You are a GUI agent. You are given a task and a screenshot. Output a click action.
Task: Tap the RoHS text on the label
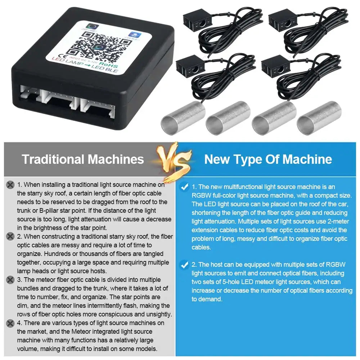click(109, 64)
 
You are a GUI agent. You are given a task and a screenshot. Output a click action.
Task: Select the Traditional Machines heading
click(83, 159)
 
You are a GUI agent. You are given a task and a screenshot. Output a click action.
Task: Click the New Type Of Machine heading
click(268, 159)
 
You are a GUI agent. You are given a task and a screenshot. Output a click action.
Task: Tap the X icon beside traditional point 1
click(10, 185)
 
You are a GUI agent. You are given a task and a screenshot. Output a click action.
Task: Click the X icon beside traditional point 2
click(10, 237)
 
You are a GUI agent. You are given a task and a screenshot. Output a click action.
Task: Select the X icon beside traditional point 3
click(10, 280)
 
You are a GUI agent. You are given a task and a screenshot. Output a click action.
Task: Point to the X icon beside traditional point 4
click(10, 323)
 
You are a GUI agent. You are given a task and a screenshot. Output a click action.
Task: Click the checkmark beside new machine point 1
click(184, 187)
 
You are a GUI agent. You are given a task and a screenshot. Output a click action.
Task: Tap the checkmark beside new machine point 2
click(184, 265)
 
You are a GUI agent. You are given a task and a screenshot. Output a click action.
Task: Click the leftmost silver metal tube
click(183, 118)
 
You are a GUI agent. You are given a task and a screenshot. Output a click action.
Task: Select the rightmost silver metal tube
click(319, 118)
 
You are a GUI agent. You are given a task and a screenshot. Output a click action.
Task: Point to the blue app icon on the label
click(134, 35)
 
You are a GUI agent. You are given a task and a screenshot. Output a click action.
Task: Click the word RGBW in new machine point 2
click(336, 265)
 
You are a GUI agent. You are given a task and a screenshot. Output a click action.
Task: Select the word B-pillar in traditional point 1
click(52, 211)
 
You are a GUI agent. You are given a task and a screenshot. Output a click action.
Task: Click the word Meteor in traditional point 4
click(82, 332)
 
